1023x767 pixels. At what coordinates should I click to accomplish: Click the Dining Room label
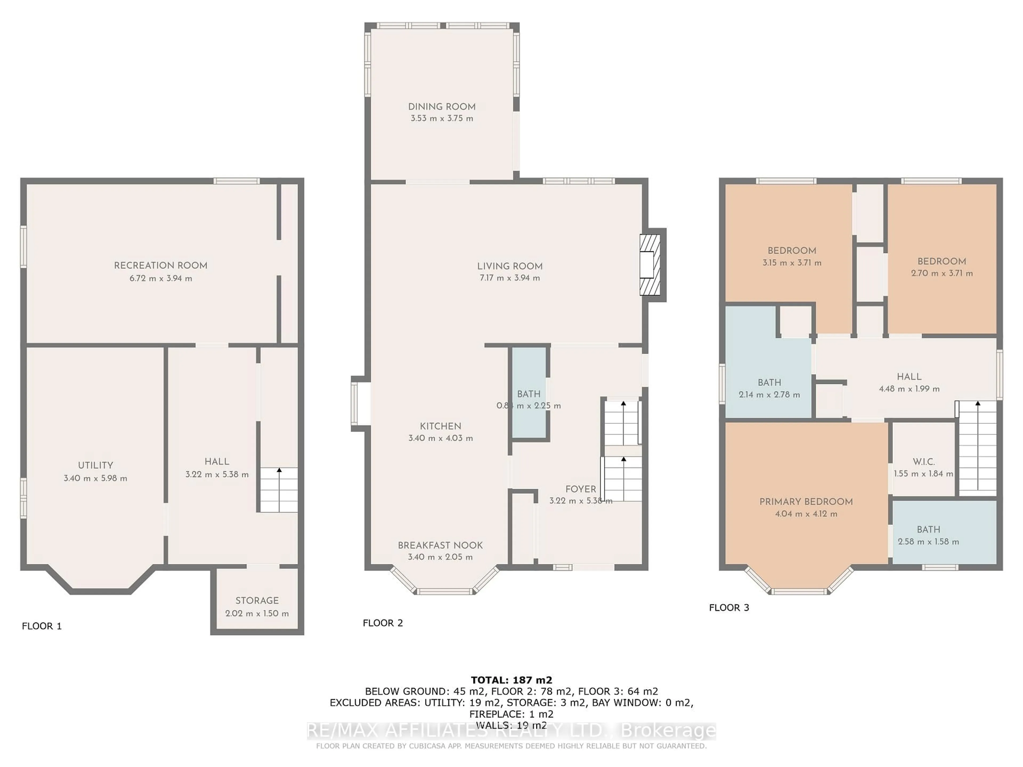point(442,107)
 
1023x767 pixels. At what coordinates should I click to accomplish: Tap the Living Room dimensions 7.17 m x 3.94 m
point(510,278)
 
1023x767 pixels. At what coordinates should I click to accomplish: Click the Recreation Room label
point(160,265)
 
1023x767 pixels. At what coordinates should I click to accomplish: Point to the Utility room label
point(95,465)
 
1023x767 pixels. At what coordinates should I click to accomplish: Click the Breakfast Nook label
point(440,545)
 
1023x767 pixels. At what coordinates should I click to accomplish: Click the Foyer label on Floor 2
point(580,489)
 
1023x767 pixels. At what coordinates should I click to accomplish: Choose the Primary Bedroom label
point(806,502)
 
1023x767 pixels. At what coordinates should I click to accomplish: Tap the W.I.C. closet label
point(924,462)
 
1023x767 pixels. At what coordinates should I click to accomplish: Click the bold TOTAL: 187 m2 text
point(511,680)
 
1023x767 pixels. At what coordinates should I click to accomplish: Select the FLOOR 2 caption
point(383,623)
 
